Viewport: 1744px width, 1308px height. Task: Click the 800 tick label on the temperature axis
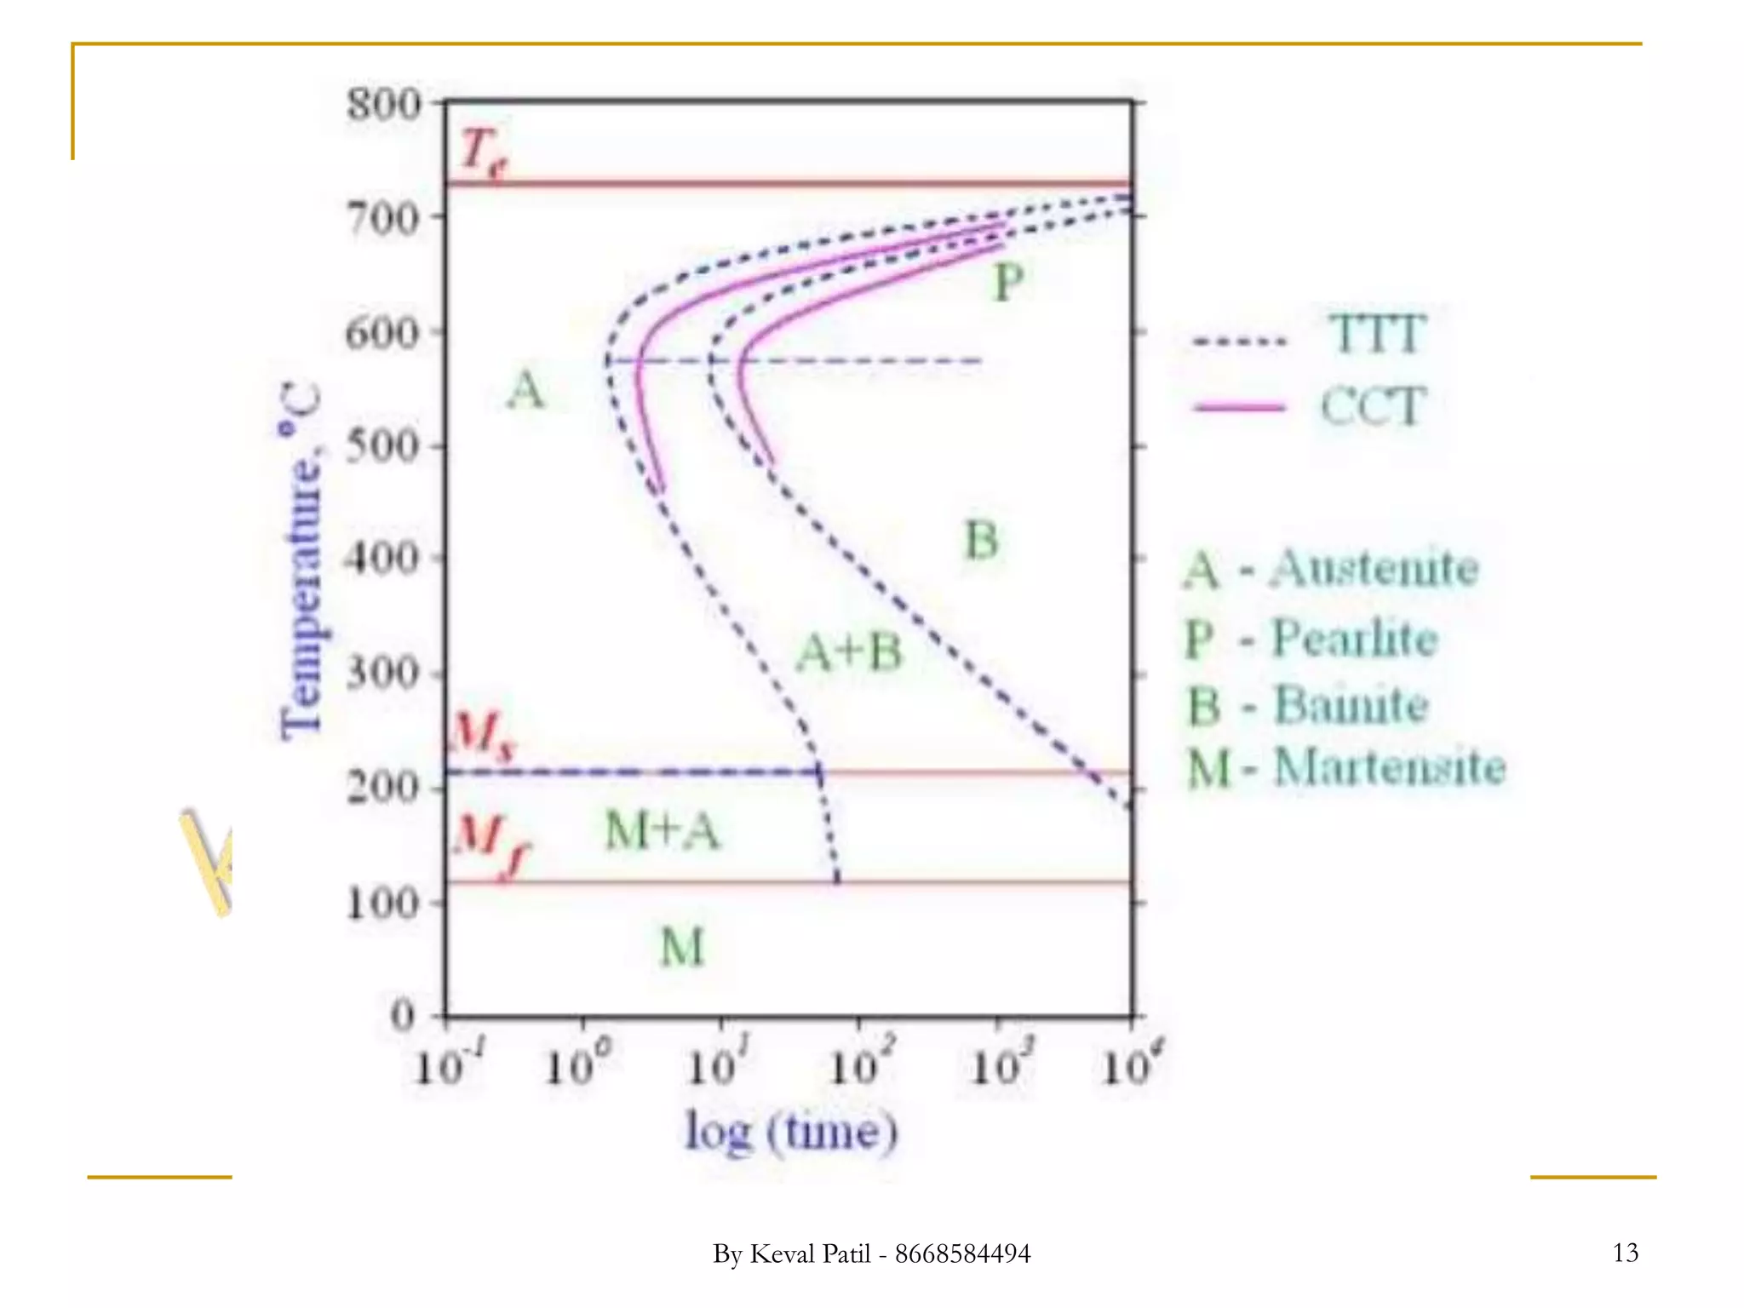[x=384, y=106]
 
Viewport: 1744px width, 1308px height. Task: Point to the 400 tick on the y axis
[x=382, y=559]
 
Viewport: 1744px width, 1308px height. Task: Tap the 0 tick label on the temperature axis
[x=403, y=1016]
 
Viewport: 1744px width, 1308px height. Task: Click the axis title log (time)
[x=792, y=1133]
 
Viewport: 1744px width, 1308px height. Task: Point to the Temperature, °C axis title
[x=301, y=562]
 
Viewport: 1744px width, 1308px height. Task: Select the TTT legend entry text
[x=1376, y=334]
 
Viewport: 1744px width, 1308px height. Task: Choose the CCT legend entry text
[x=1373, y=406]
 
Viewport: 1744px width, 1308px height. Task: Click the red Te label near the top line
[x=482, y=154]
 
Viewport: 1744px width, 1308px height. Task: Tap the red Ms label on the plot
[x=483, y=734]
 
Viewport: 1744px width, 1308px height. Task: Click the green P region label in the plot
[x=1008, y=282]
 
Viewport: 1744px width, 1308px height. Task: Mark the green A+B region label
[x=849, y=654]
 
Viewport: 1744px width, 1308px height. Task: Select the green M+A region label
[x=663, y=831]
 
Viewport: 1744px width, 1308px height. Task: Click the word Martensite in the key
[x=1390, y=766]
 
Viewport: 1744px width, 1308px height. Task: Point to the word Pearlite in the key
[x=1355, y=638]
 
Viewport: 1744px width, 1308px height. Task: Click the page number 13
[x=1625, y=1253]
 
